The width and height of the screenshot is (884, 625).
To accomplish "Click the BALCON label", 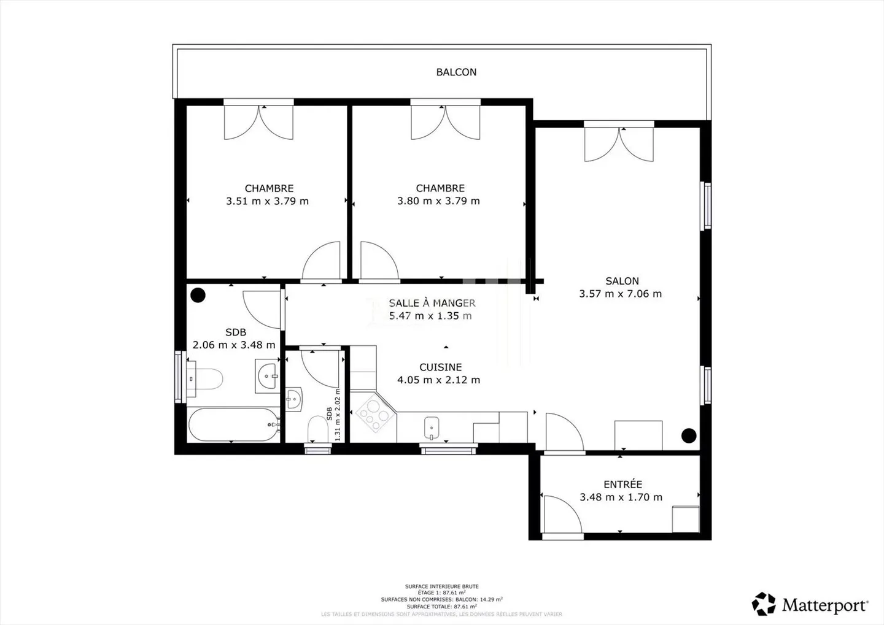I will (x=456, y=72).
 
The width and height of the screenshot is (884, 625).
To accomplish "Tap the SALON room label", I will (x=622, y=281).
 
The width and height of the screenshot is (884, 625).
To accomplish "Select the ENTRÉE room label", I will (x=622, y=485).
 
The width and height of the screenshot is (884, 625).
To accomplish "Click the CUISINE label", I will (x=440, y=367).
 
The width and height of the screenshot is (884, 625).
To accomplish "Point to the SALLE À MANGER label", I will (x=432, y=303).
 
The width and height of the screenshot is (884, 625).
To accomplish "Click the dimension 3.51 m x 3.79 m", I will (x=267, y=201).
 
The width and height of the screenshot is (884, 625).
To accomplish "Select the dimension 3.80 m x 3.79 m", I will (x=438, y=201).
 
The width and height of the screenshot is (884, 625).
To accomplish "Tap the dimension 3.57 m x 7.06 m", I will (x=621, y=294).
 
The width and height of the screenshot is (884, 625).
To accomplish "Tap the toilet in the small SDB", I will (x=317, y=428).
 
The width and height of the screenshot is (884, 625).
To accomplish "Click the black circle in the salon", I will (x=689, y=435).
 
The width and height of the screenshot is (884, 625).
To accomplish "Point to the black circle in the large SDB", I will (x=198, y=296).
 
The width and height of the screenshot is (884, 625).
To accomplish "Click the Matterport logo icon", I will (x=764, y=604).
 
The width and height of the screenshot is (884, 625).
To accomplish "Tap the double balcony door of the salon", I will (x=619, y=144).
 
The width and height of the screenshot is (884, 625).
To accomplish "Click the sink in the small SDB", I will (x=294, y=399).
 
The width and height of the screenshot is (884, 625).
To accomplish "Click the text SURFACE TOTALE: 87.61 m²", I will (x=441, y=607).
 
